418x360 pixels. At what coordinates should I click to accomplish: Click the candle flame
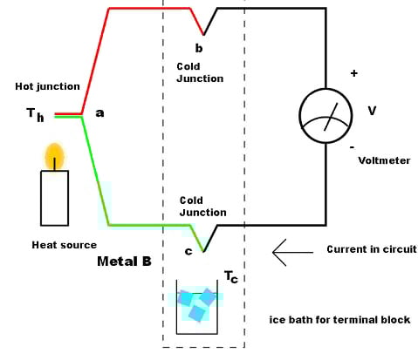pyautogui.click(x=55, y=154)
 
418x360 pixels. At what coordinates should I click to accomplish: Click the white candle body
pyautogui.click(x=54, y=198)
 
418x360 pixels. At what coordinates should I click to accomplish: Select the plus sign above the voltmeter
pyautogui.click(x=353, y=73)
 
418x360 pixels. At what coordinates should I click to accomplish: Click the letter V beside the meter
pyautogui.click(x=372, y=111)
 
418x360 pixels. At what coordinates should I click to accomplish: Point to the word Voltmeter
pyautogui.click(x=384, y=160)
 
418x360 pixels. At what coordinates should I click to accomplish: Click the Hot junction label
pyautogui.click(x=47, y=86)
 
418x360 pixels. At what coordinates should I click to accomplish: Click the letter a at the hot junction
pyautogui.click(x=99, y=113)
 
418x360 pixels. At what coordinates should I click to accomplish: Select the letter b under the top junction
pyautogui.click(x=199, y=47)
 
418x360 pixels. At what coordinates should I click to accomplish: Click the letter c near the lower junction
pyautogui.click(x=188, y=252)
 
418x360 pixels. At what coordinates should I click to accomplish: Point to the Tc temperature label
pyautogui.click(x=231, y=276)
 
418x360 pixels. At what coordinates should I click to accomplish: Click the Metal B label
pyautogui.click(x=127, y=262)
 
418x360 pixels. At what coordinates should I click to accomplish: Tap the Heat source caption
pyautogui.click(x=64, y=245)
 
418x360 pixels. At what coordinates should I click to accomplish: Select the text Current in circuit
pyautogui.click(x=371, y=249)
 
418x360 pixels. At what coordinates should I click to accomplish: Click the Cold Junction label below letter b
pyautogui.click(x=200, y=72)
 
